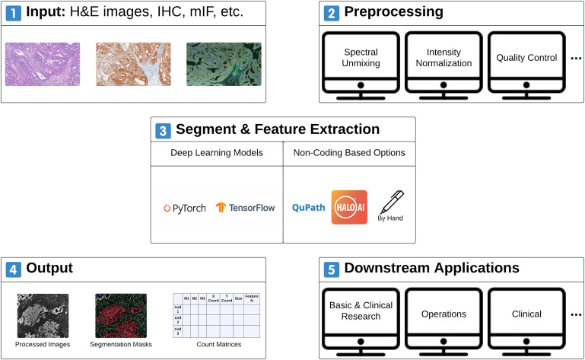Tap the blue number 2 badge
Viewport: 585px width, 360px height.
[x=331, y=13]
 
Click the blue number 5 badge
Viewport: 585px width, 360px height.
[x=331, y=269]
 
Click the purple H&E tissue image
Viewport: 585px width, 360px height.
[x=43, y=63]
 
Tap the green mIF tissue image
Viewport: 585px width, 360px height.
[x=224, y=63]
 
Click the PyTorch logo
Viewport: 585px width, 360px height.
[x=184, y=208]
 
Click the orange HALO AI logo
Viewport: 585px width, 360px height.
[x=349, y=207]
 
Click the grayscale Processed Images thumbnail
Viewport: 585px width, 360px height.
[x=43, y=315]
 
